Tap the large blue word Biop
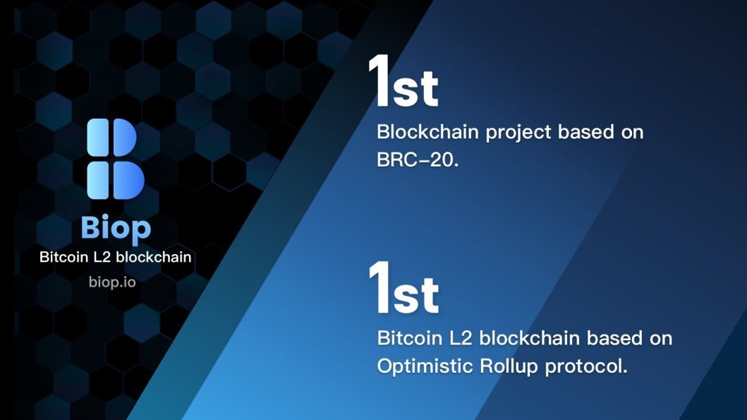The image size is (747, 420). pyautogui.click(x=116, y=227)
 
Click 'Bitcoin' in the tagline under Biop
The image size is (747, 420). pyautogui.click(x=63, y=257)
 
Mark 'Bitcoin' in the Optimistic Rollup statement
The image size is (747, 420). pyautogui.click(x=405, y=338)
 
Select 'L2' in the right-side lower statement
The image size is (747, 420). pyautogui.click(x=456, y=338)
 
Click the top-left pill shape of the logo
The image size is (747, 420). pyautogui.click(x=97, y=137)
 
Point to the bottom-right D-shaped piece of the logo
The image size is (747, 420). pyautogui.click(x=128, y=180)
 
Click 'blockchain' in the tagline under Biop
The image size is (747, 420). pyautogui.click(x=154, y=257)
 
